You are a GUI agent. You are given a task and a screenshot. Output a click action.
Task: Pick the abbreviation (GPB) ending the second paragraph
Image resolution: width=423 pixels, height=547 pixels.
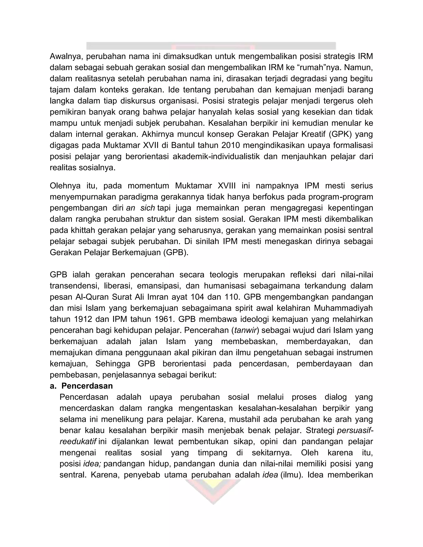pyautogui.click(x=175, y=252)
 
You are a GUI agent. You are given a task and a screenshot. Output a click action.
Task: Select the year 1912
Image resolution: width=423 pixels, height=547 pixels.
pyautogui.click(x=84, y=319)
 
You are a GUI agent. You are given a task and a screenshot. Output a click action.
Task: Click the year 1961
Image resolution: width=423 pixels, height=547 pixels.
pyautogui.click(x=162, y=319)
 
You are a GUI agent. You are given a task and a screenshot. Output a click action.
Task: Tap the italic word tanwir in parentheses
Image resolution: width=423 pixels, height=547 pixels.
pyautogui.click(x=245, y=330)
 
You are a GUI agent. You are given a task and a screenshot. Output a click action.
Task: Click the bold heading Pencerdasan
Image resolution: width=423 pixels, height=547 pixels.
pyautogui.click(x=87, y=386)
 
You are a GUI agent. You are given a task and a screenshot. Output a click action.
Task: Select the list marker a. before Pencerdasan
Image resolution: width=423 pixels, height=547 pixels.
pyautogui.click(x=53, y=386)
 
